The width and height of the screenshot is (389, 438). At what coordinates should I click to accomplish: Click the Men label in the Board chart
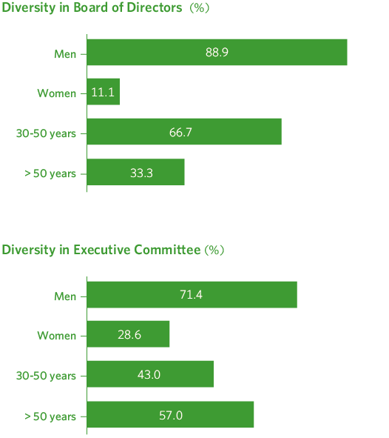[x=65, y=53]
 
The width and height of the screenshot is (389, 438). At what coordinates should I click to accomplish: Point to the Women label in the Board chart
[x=57, y=93]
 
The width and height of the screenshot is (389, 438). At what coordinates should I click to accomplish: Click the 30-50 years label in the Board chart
[x=46, y=133]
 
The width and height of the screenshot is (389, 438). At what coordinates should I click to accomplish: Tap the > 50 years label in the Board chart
[x=50, y=173]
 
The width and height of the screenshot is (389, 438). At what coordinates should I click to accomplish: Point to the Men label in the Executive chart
[x=65, y=296]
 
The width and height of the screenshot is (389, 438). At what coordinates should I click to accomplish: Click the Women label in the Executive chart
[x=57, y=336]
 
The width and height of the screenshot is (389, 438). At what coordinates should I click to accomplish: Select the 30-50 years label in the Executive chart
[x=46, y=376]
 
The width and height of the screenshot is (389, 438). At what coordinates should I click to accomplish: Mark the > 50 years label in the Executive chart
[x=50, y=416]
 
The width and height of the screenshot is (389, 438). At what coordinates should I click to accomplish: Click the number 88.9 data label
[x=217, y=53]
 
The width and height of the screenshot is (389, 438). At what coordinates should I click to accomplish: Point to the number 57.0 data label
[x=170, y=415]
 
